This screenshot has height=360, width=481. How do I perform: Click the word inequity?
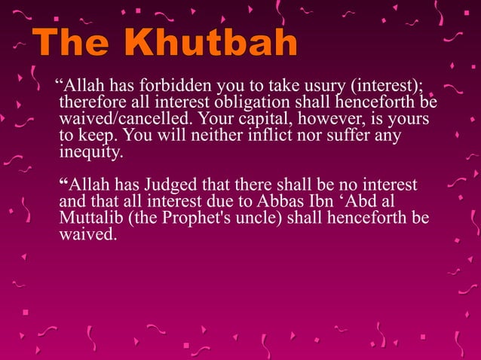pos(89,153)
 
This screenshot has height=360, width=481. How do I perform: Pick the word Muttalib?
pos(87,218)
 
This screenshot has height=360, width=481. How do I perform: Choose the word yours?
pos(411,121)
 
